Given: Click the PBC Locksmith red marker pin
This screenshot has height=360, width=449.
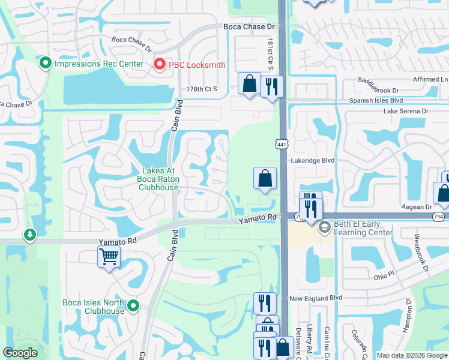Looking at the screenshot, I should pyautogui.click(x=160, y=64).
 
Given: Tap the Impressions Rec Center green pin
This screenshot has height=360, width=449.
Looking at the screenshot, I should pyautogui.click(x=45, y=64).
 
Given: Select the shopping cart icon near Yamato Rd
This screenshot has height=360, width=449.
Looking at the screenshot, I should pyautogui.click(x=109, y=257).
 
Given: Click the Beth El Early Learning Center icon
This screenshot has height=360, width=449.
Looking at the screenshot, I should pyautogui.click(x=325, y=227).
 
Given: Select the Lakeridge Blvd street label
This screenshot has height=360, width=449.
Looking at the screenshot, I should pyautogui.click(x=312, y=161).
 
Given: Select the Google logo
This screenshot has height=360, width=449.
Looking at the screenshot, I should pyautogui.click(x=20, y=353).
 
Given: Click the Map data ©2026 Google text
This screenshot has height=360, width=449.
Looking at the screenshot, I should pyautogui.click(x=411, y=355).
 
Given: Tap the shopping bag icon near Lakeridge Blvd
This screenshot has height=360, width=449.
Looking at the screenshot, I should pyautogui.click(x=265, y=178).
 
